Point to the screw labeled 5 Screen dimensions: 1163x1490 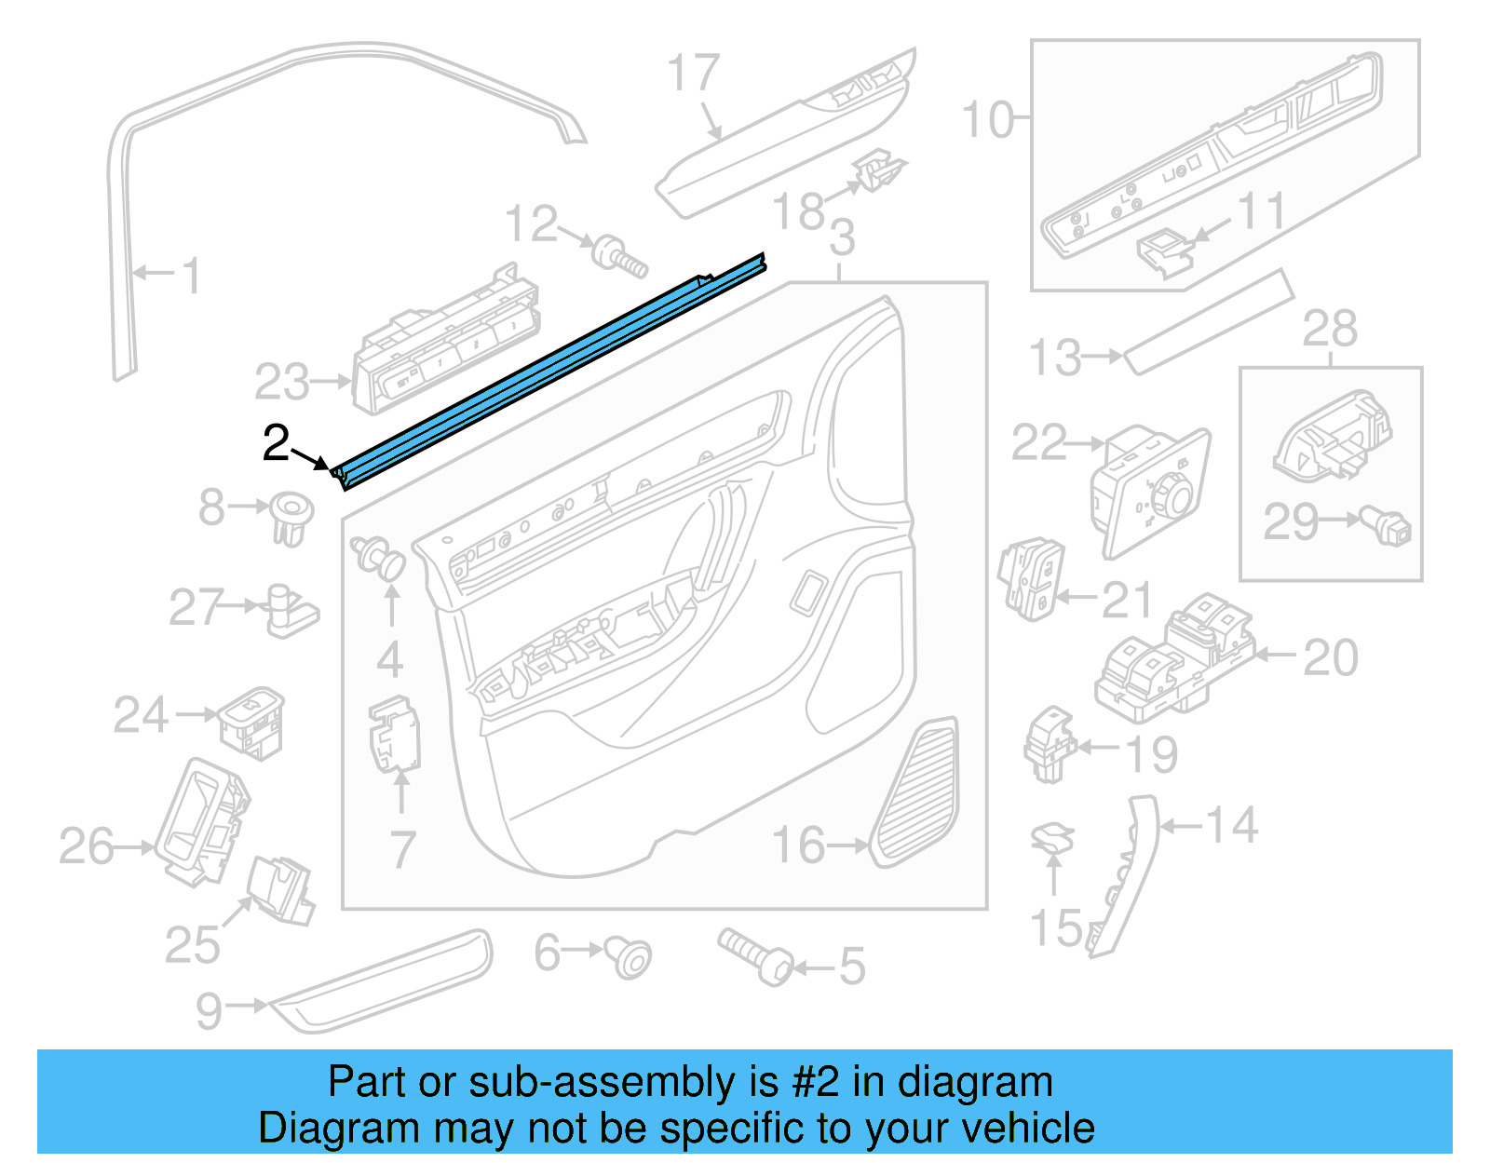pyautogui.click(x=755, y=955)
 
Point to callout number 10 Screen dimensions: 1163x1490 pyautogui.click(x=987, y=120)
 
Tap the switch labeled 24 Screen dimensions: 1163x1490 pyautogui.click(x=251, y=723)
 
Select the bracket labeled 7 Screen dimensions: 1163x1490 pyautogui.click(x=396, y=736)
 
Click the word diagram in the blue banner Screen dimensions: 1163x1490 pyautogui.click(x=975, y=1083)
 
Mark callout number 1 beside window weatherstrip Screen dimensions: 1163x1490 pyautogui.click(x=191, y=276)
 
